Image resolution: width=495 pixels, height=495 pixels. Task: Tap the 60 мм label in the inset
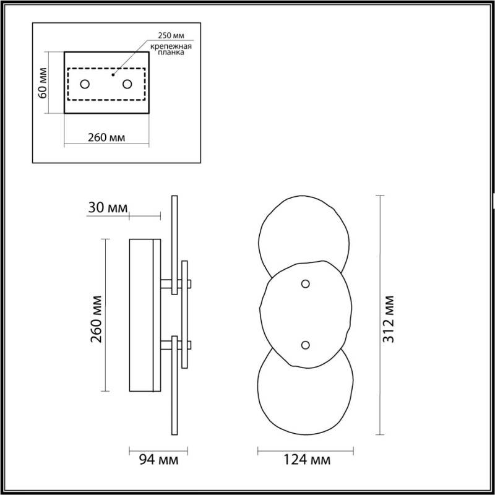[43, 84]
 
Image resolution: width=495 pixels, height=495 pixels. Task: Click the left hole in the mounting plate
[85, 84]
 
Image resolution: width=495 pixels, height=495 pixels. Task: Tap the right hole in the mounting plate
[127, 84]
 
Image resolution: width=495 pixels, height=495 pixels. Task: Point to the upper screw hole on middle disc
[304, 283]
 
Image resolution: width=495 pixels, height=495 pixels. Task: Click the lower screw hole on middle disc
[304, 345]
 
